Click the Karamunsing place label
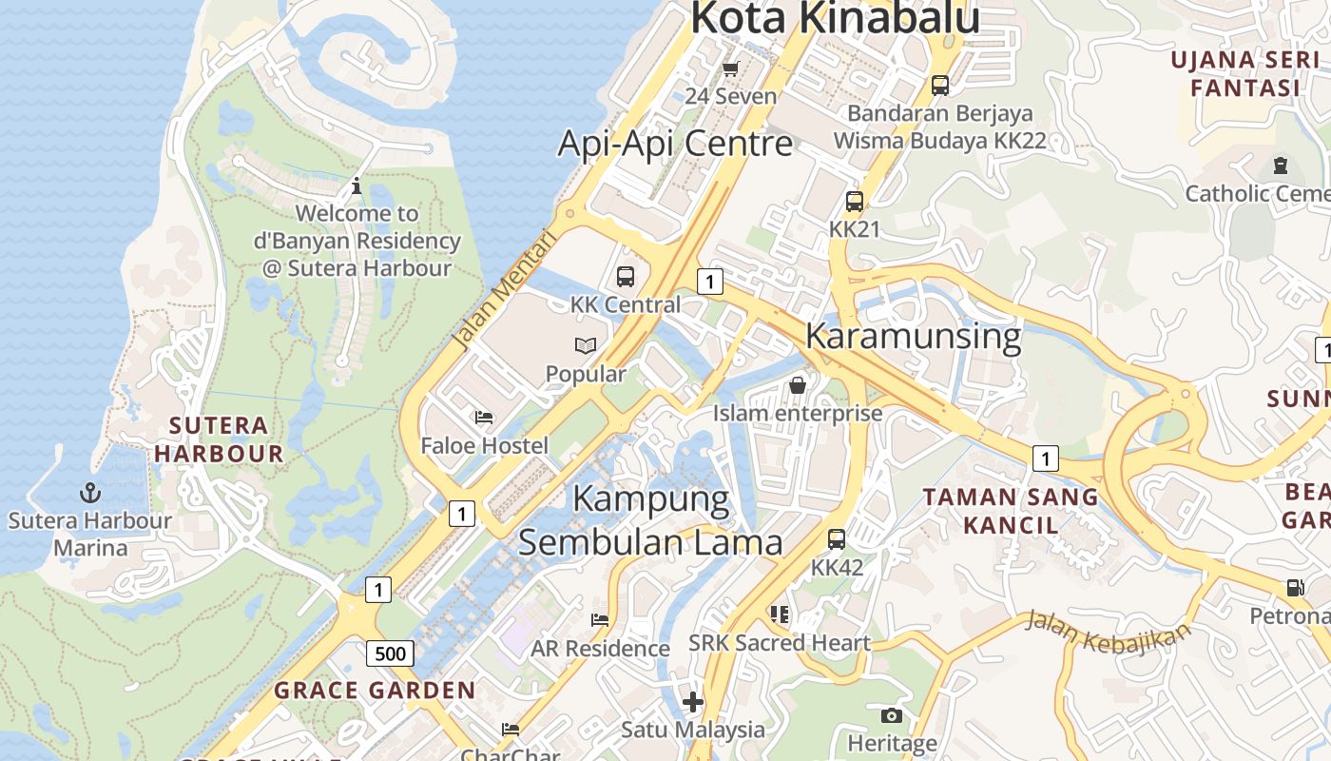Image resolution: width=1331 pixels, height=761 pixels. tap(913, 337)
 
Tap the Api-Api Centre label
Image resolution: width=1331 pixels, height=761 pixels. tap(675, 144)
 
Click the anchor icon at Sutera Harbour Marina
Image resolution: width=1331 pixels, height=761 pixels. tap(90, 493)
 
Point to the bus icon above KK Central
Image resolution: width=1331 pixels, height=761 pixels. tap(625, 277)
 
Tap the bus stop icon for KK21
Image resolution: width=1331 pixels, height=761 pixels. tap(854, 202)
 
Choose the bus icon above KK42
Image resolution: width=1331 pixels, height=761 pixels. tap(837, 539)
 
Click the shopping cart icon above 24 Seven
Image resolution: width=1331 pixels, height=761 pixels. tap(730, 68)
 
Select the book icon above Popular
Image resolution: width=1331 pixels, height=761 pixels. tap(586, 346)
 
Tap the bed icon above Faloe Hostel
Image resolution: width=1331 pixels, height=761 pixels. tap(484, 418)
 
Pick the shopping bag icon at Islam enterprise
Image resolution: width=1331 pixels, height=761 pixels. tap(798, 385)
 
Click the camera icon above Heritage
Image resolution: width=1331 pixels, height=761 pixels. tap(892, 715)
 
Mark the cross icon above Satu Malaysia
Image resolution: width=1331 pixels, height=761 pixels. tap(693, 703)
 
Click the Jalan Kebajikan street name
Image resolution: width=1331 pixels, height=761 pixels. tap(1108, 632)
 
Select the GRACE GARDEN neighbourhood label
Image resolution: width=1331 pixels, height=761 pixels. tap(375, 691)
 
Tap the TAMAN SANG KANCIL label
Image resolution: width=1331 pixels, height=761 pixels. tap(1010, 510)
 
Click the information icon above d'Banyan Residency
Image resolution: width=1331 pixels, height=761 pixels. tap(357, 185)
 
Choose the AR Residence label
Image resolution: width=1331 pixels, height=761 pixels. tap(600, 649)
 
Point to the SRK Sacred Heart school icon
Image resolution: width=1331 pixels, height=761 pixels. tap(780, 615)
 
